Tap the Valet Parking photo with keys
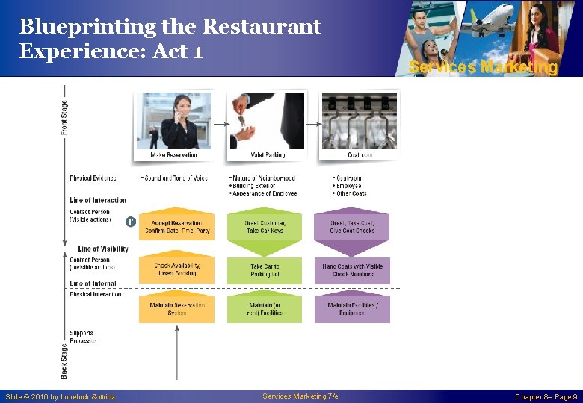point(266,121)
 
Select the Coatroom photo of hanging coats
point(359,121)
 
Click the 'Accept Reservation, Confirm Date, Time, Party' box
point(176,227)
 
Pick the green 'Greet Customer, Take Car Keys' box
point(265,227)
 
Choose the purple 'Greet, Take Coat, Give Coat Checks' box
point(352,227)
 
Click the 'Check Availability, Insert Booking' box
point(176,269)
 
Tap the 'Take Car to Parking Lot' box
point(265,269)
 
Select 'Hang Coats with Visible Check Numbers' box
point(352,269)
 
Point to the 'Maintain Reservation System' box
point(176,308)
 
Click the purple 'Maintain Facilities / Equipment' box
point(352,308)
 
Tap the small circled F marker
point(130,222)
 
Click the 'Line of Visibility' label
point(102,249)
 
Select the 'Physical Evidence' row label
point(93,178)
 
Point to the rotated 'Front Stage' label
point(64,118)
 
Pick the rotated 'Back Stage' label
point(64,359)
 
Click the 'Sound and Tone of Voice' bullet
point(175,178)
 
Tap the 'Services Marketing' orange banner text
point(483,67)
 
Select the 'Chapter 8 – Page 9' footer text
point(546,396)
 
